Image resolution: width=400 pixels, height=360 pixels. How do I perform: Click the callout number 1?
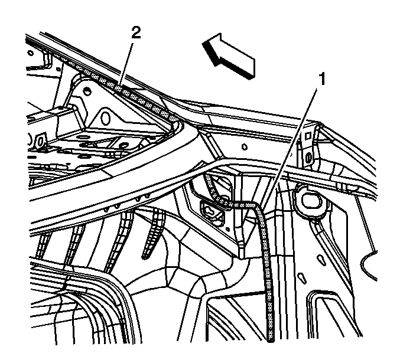[323, 79]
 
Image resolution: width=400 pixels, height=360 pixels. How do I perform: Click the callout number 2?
[136, 33]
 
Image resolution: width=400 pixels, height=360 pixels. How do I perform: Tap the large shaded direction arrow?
[229, 56]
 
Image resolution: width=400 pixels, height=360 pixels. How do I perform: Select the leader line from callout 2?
[126, 66]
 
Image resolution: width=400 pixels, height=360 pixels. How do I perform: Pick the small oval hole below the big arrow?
[245, 147]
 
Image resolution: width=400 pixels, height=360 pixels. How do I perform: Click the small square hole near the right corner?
[308, 136]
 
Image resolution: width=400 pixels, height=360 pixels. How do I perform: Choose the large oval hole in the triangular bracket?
[105, 118]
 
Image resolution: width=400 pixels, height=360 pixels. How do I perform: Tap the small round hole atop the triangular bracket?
[86, 91]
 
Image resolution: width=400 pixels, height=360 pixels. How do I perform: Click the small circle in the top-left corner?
[30, 53]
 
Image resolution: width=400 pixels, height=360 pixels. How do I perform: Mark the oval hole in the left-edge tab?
[40, 140]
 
